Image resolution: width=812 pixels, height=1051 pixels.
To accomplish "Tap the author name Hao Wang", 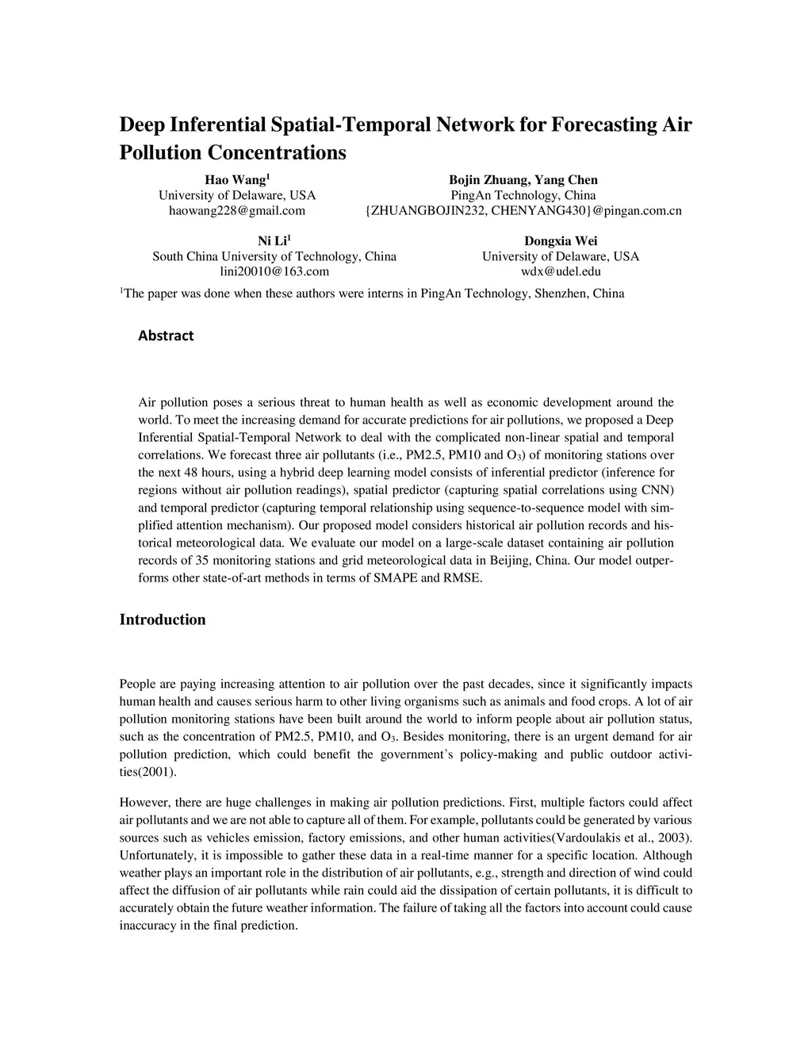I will pyautogui.click(x=236, y=180).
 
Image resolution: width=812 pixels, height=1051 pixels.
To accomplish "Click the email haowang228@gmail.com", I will pyautogui.click(x=237, y=210).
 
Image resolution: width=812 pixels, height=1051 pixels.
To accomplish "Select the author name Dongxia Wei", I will pyautogui.click(x=561, y=241).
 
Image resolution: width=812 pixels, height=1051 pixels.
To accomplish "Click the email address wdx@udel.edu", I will pyautogui.click(x=561, y=271).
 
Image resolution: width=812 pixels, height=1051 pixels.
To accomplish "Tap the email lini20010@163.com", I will pyautogui.click(x=274, y=271).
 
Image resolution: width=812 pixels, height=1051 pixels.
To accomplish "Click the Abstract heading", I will pyautogui.click(x=166, y=336).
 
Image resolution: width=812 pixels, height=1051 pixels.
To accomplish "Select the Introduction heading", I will pyautogui.click(x=163, y=619).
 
